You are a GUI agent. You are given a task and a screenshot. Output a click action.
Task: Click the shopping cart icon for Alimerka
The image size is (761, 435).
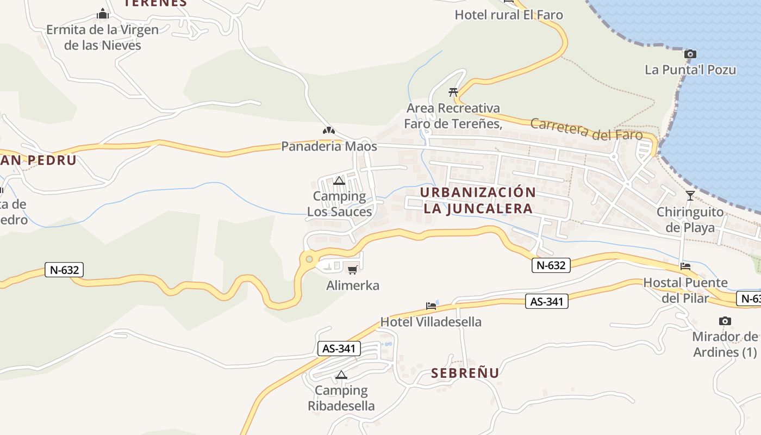coord(352,270)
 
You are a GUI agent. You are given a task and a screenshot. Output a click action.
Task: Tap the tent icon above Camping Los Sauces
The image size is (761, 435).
coord(340,181)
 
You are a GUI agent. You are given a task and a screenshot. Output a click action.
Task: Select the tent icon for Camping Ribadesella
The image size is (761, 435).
coord(341,375)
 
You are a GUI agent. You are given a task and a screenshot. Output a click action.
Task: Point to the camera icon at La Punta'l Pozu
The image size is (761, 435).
coord(690,54)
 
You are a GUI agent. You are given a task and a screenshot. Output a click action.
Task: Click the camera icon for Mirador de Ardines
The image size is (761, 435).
coord(725,321)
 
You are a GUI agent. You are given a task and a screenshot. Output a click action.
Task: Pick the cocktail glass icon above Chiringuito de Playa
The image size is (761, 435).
coord(690,196)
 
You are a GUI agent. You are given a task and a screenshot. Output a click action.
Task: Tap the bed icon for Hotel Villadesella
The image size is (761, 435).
coord(431,306)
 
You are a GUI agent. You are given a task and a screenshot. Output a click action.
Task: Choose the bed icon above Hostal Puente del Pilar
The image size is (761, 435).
coord(685,266)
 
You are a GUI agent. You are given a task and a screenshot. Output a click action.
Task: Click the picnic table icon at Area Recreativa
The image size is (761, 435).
coord(453,92)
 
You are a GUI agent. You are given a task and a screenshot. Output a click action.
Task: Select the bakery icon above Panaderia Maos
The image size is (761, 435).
coord(328,130)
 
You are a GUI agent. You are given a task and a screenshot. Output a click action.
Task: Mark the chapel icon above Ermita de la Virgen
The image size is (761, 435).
coord(102,14)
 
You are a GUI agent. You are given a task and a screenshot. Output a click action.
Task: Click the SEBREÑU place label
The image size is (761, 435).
coord(465,373)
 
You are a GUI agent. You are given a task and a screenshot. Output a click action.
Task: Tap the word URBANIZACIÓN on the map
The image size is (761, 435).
coord(478,192)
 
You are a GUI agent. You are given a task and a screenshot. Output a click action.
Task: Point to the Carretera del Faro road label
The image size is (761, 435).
coord(586,129)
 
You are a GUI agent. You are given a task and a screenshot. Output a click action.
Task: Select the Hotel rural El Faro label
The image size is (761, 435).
coord(509,15)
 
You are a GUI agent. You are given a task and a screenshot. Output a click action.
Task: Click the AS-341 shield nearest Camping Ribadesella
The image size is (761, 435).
coord(339,349)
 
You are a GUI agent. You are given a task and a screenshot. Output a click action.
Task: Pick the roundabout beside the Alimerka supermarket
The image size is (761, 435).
coord(309,259)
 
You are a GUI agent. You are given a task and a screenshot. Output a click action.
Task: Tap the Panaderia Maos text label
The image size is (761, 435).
coord(329,146)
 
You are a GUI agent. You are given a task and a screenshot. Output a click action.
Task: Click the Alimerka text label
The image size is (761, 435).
coord(352,285)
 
